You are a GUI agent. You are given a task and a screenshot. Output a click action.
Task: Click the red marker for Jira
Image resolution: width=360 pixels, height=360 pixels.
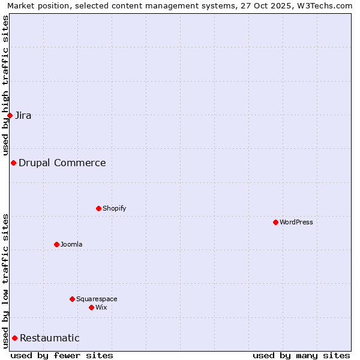coord(10,115)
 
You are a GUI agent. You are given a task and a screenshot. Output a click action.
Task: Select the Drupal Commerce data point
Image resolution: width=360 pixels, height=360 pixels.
coord(13,163)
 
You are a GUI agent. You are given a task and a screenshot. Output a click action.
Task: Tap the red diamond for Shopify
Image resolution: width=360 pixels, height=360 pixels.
coord(98,208)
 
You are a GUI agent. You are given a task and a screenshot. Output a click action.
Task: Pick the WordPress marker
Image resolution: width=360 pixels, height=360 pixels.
coord(275,222)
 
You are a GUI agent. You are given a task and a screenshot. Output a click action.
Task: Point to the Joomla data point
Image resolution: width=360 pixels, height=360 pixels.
coord(56,244)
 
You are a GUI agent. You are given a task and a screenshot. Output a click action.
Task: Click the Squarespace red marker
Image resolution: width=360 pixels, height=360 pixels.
coord(72,299)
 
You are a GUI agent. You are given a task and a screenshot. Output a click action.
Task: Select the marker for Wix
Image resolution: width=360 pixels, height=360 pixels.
coord(91,307)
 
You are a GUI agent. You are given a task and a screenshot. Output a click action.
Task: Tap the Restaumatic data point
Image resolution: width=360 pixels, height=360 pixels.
coord(14,338)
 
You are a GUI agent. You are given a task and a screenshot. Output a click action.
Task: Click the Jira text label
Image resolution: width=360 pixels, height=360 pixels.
coord(23,115)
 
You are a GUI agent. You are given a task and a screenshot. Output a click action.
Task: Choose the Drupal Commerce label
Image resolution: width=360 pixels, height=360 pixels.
coord(62,163)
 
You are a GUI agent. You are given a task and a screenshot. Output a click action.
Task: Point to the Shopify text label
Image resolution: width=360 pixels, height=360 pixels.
coord(114,208)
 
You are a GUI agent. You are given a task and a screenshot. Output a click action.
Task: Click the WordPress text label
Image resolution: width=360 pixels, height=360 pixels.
coord(296,222)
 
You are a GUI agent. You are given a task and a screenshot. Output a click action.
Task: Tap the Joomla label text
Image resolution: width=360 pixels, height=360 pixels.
coord(71,244)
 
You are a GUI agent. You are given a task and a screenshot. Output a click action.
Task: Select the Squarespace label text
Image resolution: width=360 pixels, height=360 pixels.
coord(97,299)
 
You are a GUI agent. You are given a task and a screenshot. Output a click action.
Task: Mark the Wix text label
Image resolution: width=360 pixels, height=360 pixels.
coord(101,307)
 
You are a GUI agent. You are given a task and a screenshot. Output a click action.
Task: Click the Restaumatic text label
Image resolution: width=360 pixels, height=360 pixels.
coord(50,338)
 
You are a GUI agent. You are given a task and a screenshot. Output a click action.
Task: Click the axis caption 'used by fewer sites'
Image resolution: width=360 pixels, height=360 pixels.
coord(62,355)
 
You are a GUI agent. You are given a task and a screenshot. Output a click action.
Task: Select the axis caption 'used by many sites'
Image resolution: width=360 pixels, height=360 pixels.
coord(301,355)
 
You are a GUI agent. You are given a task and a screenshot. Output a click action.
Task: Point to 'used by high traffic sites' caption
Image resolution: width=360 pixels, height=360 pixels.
coord(5,86)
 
